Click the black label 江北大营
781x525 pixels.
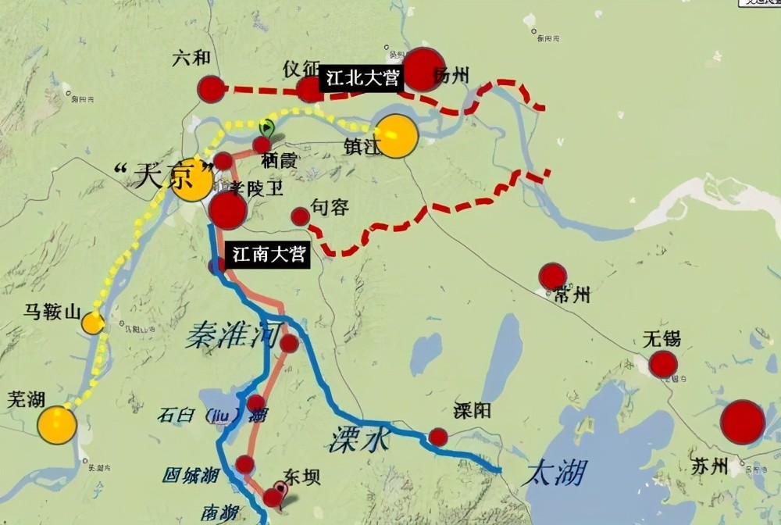point(362,79)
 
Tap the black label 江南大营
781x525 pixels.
point(266,255)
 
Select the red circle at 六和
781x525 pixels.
point(211,89)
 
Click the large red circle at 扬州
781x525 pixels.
point(423,69)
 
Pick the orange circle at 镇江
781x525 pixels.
point(397,136)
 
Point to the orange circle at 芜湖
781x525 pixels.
point(57,425)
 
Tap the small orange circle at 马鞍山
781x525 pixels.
point(94,323)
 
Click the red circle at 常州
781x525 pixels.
point(552,277)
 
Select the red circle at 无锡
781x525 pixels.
point(663,364)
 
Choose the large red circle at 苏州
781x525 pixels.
point(742,422)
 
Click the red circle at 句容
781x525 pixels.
point(300,216)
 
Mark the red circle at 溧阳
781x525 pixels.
point(438,437)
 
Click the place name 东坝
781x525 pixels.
point(301,477)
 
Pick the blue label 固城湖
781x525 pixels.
point(190,474)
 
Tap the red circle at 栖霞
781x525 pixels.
point(262,145)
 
